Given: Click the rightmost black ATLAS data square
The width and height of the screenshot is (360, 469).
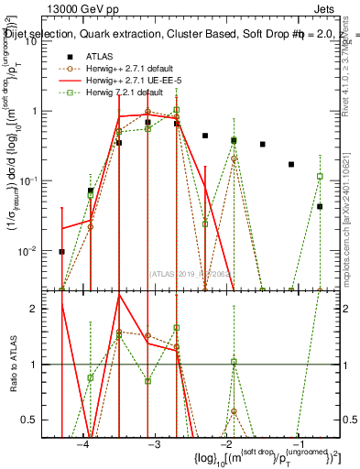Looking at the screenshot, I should (320, 207).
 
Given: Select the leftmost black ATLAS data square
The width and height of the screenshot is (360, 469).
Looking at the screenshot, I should (62, 252).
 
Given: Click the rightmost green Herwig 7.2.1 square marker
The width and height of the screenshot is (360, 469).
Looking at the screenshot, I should (320, 176).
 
